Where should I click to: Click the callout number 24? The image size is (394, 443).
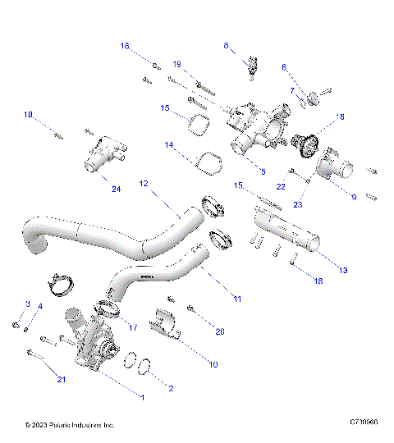[x=115, y=190]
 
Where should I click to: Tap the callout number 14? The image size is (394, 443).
[x=169, y=145]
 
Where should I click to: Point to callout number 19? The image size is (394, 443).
[x=176, y=64]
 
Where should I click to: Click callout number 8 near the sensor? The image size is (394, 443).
[x=226, y=47]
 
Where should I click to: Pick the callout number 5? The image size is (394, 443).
[x=262, y=171]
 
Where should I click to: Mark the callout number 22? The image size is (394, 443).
[x=282, y=187]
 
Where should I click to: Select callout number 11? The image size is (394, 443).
[x=236, y=299]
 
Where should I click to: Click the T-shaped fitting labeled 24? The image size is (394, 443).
[x=101, y=155]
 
